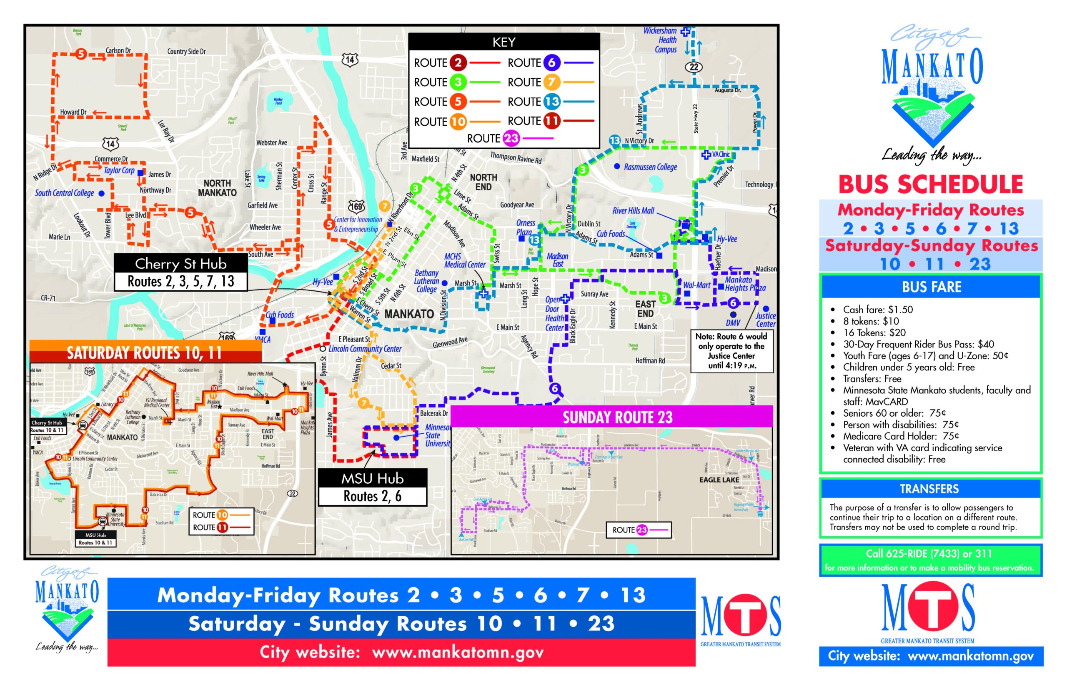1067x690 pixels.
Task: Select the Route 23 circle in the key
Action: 511,138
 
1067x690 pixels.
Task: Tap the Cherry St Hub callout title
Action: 180,263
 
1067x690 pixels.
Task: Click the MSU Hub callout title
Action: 372,478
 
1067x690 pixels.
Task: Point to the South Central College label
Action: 65,193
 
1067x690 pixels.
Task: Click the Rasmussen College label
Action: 650,167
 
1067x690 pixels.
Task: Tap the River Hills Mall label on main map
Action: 633,210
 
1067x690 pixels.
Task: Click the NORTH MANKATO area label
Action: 217,188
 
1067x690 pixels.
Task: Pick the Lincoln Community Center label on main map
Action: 365,349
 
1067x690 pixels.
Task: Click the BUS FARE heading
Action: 931,287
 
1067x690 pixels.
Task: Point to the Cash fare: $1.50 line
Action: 877,310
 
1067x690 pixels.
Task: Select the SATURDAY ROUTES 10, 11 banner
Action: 144,353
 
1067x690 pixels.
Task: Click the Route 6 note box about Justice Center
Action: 731,351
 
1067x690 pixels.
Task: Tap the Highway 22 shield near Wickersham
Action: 693,67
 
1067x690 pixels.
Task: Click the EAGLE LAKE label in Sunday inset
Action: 719,480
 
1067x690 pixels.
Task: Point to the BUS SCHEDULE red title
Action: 930,185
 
